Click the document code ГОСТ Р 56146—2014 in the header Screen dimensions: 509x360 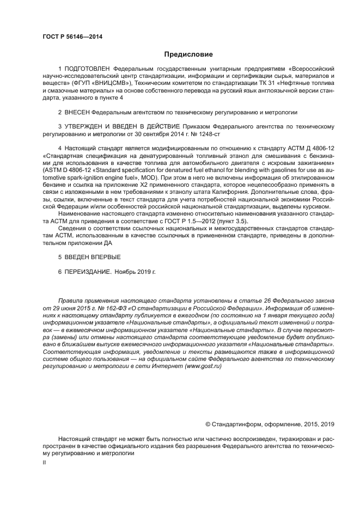tap(72, 36)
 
